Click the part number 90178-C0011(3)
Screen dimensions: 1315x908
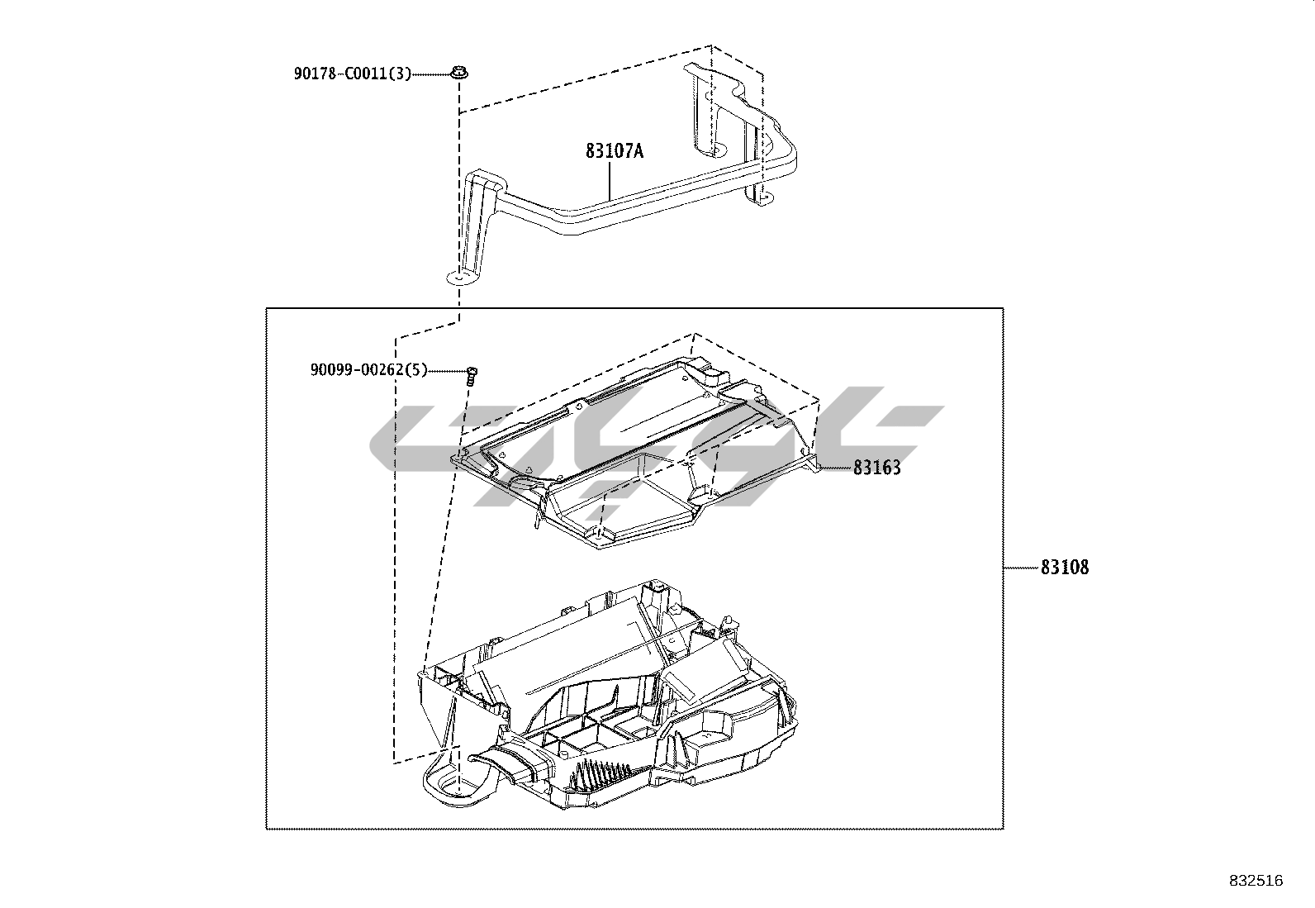pos(352,74)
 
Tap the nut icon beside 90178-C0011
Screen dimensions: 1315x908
pos(458,74)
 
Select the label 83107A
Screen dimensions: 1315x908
pos(614,151)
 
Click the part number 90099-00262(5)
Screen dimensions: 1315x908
pos(368,370)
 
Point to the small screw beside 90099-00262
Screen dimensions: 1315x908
pos(472,375)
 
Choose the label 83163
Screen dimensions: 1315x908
pos(876,468)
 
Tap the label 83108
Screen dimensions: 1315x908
pos(1065,568)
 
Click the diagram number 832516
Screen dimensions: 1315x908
pos(1256,881)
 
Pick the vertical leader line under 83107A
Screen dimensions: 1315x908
pos(610,181)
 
